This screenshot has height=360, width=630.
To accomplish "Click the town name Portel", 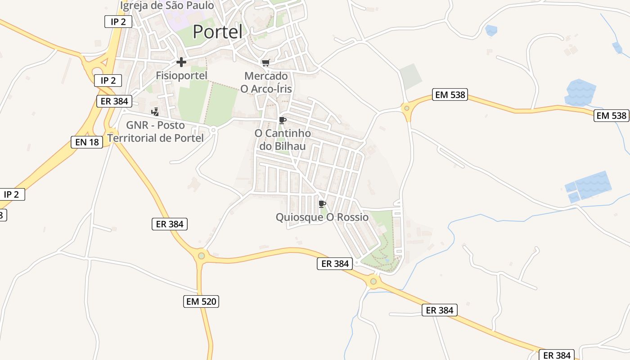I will [218, 32].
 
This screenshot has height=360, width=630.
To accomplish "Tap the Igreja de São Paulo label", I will [167, 6].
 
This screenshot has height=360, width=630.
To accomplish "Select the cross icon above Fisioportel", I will [181, 62].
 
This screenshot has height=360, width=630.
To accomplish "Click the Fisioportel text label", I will [181, 76].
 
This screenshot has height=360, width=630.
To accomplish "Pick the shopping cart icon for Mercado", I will [265, 63].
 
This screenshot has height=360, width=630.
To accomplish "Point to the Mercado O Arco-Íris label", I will [266, 82].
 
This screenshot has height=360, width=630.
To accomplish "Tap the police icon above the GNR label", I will [155, 112].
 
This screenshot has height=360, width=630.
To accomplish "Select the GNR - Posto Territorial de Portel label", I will [156, 131].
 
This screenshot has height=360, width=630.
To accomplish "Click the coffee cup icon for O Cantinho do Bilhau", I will [283, 120].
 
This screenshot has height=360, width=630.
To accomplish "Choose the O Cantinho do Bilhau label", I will [283, 140].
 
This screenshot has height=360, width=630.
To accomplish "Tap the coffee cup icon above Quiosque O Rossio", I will [322, 204].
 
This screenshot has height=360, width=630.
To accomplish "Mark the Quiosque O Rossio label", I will [322, 217].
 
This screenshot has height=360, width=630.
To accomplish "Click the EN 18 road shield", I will [87, 142].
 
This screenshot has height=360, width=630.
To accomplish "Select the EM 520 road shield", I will [202, 301].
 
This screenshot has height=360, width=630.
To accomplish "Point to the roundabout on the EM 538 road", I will [407, 108].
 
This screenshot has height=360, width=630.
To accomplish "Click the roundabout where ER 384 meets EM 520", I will [201, 256].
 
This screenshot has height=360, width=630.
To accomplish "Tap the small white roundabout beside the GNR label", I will [213, 130].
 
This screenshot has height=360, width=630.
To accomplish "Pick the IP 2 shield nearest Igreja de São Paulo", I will [118, 22].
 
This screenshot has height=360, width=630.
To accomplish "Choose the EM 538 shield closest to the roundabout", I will [450, 94].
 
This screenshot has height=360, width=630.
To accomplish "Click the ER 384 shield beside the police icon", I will [114, 101].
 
